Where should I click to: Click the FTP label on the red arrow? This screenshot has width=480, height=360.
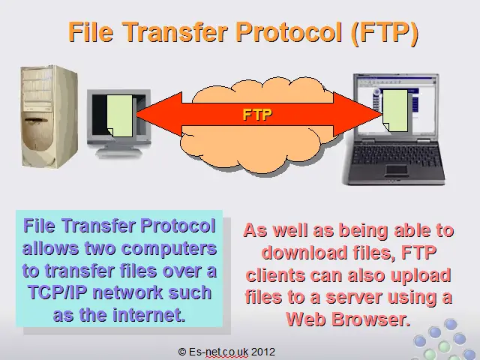point(257,115)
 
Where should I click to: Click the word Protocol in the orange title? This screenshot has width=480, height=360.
point(289,32)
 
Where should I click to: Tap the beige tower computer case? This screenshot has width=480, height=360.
point(49,116)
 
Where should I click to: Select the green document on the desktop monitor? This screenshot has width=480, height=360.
point(119,115)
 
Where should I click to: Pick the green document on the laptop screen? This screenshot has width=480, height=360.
point(395,110)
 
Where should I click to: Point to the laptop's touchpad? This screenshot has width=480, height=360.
point(397,170)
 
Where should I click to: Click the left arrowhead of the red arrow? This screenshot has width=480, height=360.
point(159,114)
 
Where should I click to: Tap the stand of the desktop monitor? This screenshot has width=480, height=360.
point(118,151)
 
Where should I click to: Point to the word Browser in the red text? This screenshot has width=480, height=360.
point(370,319)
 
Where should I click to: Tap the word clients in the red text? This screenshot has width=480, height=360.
point(275,275)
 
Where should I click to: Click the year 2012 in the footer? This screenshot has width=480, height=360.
point(263,352)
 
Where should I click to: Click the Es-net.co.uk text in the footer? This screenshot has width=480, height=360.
point(218,352)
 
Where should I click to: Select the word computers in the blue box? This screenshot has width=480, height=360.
point(169,248)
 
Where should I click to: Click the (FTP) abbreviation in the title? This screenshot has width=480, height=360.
point(385,33)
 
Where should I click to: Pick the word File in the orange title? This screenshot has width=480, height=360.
point(91,32)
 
